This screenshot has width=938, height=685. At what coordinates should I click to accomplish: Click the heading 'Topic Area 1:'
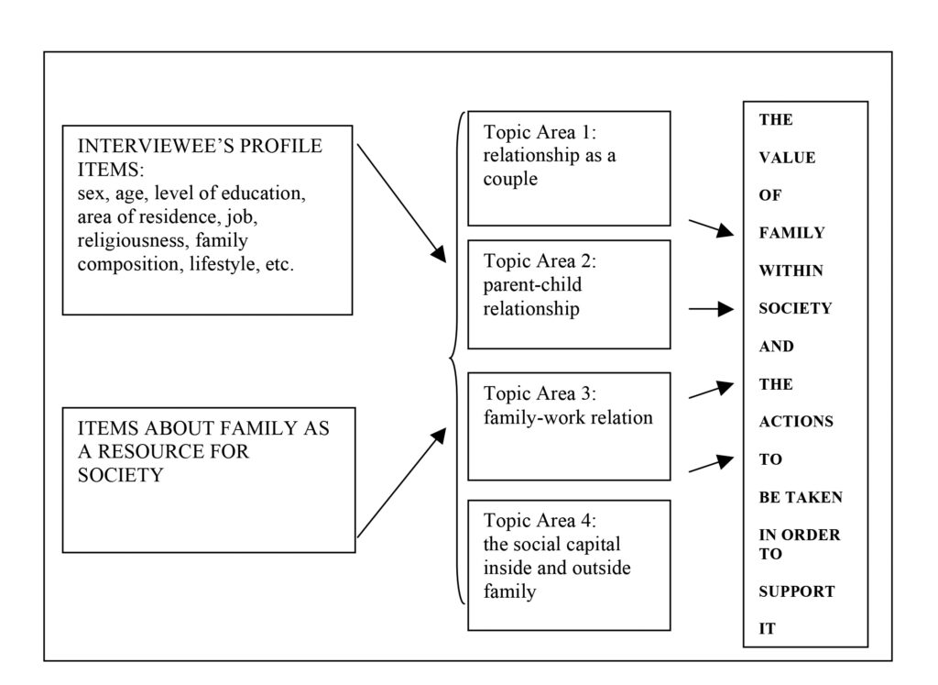(x=540, y=132)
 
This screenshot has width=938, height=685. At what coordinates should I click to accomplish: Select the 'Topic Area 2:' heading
(x=540, y=260)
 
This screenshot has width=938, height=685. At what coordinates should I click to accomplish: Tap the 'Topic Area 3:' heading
(x=540, y=393)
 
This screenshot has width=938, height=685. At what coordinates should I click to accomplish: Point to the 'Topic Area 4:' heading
(x=540, y=520)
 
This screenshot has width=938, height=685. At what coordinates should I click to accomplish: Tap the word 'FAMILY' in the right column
(x=792, y=233)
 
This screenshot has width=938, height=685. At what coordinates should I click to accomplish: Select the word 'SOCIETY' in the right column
(x=796, y=308)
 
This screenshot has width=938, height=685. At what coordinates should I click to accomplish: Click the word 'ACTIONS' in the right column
(x=796, y=422)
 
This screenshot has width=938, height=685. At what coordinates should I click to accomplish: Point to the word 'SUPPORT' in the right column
(x=797, y=591)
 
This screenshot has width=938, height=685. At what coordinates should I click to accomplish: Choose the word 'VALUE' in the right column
(x=787, y=158)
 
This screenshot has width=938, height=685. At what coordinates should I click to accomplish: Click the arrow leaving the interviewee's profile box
(x=401, y=203)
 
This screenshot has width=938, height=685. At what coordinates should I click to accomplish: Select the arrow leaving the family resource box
(x=401, y=482)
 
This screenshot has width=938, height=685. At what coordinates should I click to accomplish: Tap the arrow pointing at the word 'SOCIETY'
(x=711, y=309)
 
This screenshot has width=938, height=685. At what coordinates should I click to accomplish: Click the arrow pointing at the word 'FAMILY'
(x=711, y=228)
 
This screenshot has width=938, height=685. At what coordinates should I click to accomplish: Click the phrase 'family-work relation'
(x=568, y=417)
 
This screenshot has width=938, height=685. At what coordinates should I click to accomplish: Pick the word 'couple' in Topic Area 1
(x=510, y=179)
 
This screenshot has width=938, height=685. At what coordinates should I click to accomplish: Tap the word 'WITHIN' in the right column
(x=791, y=271)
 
